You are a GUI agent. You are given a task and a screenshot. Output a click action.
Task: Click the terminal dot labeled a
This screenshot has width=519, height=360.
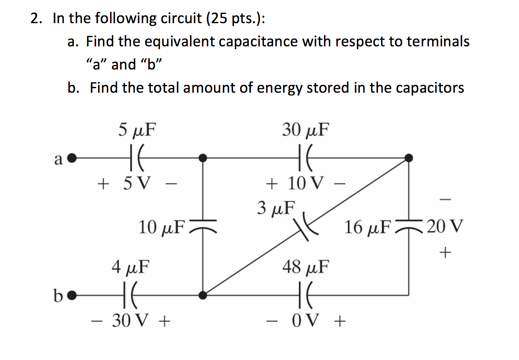[72, 158]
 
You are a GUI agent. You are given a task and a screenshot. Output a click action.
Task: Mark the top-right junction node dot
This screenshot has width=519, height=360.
[409, 158]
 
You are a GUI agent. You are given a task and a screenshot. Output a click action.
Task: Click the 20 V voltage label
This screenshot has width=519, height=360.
[444, 226]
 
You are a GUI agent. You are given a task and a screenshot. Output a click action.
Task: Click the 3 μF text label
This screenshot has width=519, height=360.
[276, 207]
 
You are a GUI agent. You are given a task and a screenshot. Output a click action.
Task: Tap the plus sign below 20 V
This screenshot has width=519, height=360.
[445, 253]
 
